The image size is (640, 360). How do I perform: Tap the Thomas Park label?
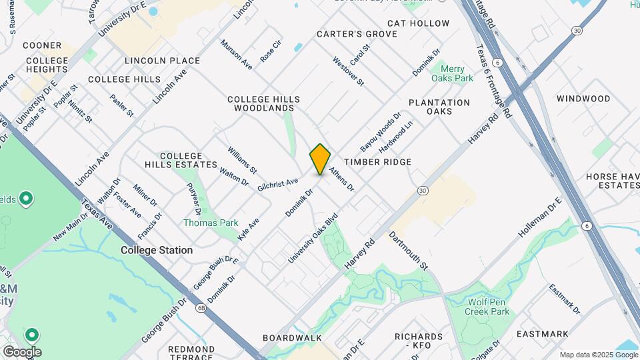(x=211, y=223)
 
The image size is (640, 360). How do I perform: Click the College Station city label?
(x=157, y=250)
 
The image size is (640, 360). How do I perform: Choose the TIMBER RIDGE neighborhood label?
(x=377, y=162)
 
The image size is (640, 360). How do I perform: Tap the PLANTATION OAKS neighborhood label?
(x=439, y=107)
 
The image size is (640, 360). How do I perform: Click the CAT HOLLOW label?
(x=418, y=23)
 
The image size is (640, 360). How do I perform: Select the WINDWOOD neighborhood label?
(x=583, y=99)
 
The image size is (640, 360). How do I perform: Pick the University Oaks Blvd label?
(x=313, y=238)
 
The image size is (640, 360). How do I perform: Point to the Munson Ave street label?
(x=237, y=55)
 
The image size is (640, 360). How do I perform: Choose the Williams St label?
(x=242, y=161)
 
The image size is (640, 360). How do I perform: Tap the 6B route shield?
(x=201, y=308)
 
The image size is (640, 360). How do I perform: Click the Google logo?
(x=21, y=351)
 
